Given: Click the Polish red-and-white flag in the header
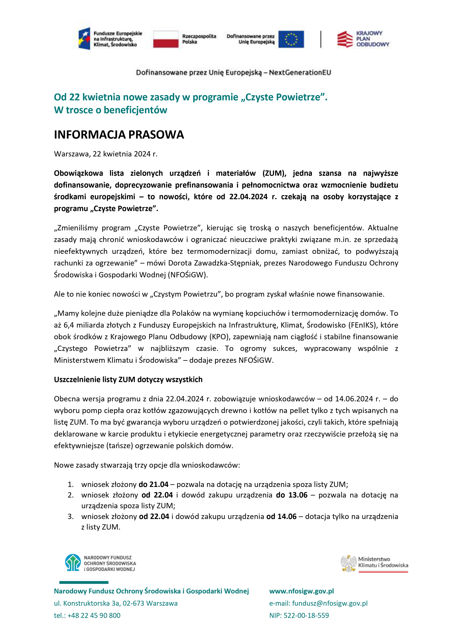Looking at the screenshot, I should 166,39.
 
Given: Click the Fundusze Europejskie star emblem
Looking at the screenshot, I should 84,39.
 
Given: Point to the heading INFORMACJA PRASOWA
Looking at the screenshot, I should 119,135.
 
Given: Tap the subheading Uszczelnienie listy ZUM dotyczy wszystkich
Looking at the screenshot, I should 128,380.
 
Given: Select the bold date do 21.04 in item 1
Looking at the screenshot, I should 153,485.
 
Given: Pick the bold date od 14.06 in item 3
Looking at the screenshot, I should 281,517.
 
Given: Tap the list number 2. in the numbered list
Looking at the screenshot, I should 71,495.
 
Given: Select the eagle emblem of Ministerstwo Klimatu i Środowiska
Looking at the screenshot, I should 348,564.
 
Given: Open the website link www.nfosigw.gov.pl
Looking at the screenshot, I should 301,591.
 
